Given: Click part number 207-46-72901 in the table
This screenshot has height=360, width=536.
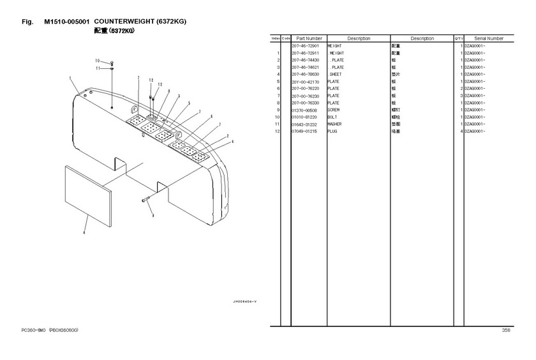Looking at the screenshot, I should pyautogui.click(x=306, y=47).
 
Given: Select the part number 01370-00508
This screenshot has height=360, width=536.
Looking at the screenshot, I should pyautogui.click(x=306, y=110).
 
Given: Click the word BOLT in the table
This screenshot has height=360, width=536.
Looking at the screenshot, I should pyautogui.click(x=332, y=117).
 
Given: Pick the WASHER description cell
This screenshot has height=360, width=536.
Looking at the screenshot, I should pyautogui.click(x=335, y=124).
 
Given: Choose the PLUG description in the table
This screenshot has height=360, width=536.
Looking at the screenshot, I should pyautogui.click(x=332, y=131).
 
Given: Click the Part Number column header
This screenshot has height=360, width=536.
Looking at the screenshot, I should pyautogui.click(x=309, y=39).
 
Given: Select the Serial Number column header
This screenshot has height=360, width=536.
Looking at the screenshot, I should pyautogui.click(x=489, y=39).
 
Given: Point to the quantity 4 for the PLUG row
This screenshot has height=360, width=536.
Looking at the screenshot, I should pyautogui.click(x=461, y=131).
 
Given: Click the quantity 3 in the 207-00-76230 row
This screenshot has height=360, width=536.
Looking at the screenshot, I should pyautogui.click(x=461, y=96).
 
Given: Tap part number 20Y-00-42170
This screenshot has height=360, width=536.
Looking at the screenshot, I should pyautogui.click(x=306, y=82).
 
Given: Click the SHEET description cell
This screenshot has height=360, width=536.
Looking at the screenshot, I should pyautogui.click(x=336, y=75).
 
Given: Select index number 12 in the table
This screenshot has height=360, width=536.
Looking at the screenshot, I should pyautogui.click(x=278, y=131).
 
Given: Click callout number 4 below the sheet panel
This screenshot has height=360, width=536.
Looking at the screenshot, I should pyautogui.click(x=84, y=233).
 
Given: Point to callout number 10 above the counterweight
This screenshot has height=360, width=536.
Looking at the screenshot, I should pyautogui.click(x=98, y=61).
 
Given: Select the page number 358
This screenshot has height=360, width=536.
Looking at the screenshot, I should pyautogui.click(x=506, y=331).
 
